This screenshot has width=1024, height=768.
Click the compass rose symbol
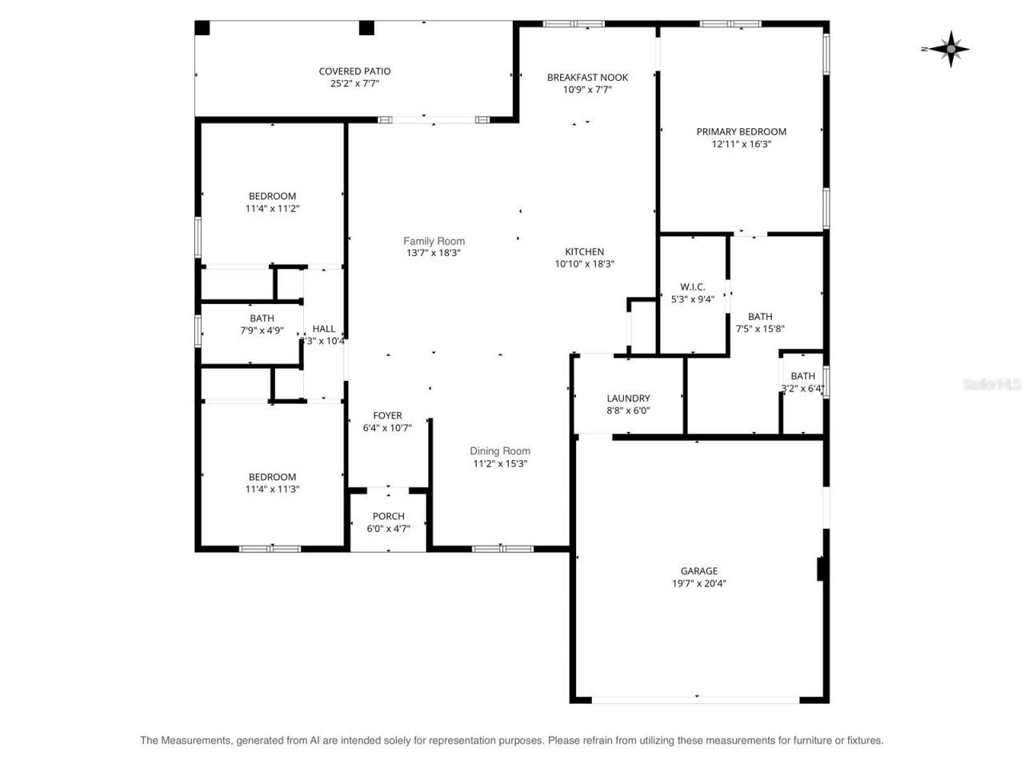pos(950,49)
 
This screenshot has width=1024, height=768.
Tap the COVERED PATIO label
pos(354,71)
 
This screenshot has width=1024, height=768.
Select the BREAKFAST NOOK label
pos(587,78)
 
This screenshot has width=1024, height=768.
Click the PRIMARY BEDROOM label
pos(741,132)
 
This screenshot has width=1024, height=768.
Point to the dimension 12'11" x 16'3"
pos(741,145)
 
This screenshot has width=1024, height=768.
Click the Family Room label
pos(434,241)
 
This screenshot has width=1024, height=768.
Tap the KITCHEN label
pos(585,251)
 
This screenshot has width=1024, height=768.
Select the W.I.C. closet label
pos(692,286)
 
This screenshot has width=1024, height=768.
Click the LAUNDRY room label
pos(628,398)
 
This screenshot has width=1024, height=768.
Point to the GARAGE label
pos(698,571)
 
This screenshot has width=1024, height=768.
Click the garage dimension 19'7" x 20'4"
pos(698,584)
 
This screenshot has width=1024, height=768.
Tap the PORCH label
pos(388,516)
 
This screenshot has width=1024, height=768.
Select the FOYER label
pos(387,415)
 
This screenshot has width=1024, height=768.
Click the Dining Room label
pos(500,451)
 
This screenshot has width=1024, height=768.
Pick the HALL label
pos(324,329)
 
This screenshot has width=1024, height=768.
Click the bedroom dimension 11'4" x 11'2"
pos(272,209)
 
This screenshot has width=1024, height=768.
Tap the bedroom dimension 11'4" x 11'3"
pos(272,490)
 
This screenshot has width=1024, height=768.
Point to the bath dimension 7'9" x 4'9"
pos(262,330)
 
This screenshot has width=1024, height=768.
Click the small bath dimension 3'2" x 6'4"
pos(802,389)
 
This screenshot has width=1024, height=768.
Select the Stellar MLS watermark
pos(992,385)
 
